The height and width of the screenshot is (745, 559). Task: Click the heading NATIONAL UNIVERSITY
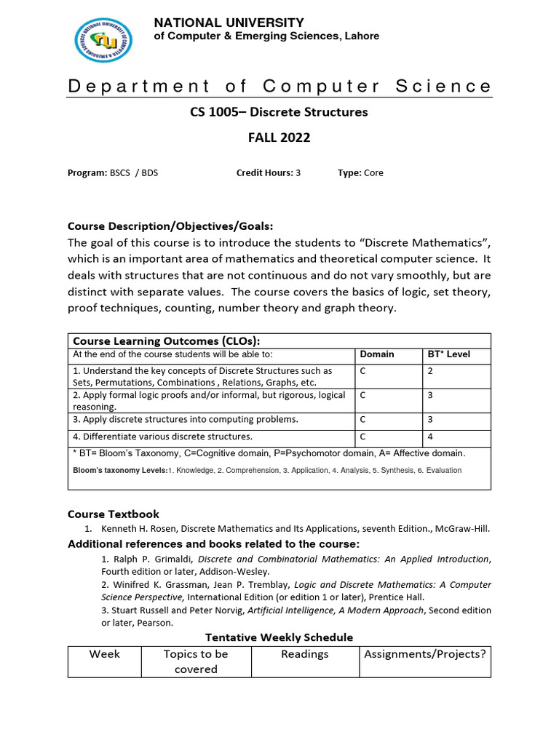click(229, 23)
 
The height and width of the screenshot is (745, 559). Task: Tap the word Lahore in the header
click(361, 36)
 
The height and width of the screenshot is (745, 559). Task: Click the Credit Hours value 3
click(298, 173)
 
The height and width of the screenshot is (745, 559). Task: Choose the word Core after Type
click(373, 173)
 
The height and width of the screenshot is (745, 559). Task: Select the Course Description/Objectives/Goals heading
click(170, 226)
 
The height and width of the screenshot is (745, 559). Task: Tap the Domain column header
click(377, 354)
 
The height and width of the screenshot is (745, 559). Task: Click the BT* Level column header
click(448, 354)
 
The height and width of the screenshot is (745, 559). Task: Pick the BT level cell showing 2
click(430, 371)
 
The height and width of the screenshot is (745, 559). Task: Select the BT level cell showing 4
click(430, 437)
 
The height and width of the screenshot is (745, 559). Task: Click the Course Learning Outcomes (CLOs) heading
click(167, 340)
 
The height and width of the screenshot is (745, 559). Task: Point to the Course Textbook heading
click(114, 514)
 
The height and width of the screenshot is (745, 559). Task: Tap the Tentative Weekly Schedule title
click(279, 637)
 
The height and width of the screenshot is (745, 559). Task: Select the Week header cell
click(105, 654)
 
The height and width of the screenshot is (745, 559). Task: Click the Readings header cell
click(305, 654)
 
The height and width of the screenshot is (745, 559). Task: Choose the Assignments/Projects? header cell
click(425, 654)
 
